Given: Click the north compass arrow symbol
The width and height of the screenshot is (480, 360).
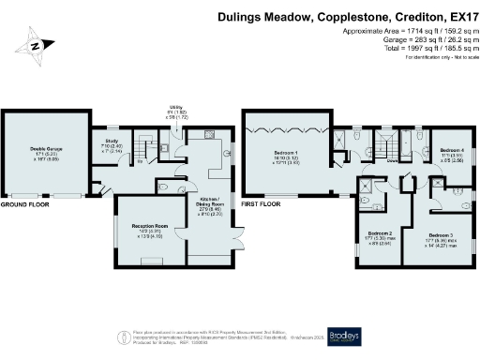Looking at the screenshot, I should (34, 44).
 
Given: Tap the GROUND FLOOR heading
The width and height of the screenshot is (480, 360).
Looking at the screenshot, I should (24, 203).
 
